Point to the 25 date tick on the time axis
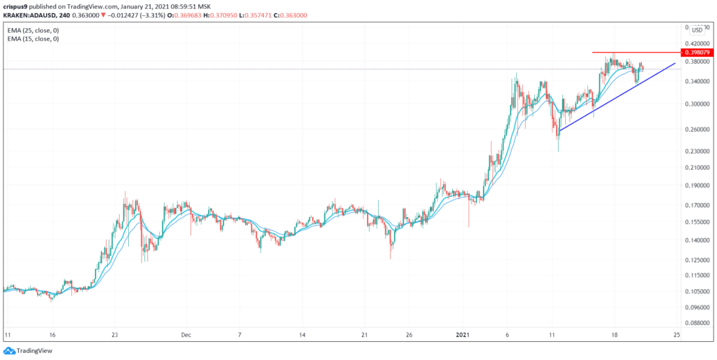tap(676, 335)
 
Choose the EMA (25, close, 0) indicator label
tap(36, 29)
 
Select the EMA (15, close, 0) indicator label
tap(36, 39)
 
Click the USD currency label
tap(697, 29)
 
